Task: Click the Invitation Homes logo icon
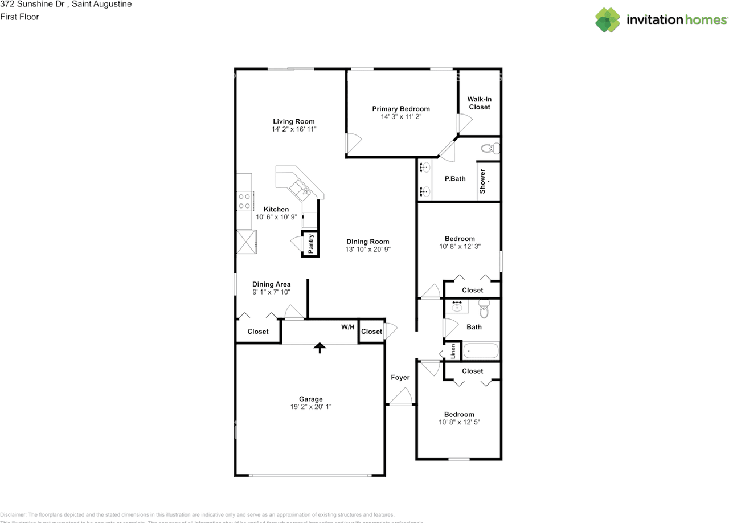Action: [608, 20]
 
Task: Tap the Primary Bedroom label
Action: [401, 109]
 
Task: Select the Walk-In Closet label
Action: [479, 103]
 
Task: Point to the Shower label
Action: [482, 181]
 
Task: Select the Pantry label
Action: [310, 244]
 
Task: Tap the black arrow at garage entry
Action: [320, 347]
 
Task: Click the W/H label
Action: [348, 327]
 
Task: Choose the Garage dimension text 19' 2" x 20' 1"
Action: [311, 407]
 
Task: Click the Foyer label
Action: [400, 377]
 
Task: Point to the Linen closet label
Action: [453, 352]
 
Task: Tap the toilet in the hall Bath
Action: [484, 309]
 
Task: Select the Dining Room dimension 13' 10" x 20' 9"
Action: [368, 250]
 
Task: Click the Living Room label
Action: [293, 121]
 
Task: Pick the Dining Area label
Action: [272, 284]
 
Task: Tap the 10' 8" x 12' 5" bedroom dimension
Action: [459, 422]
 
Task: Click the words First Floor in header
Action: [20, 17]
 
